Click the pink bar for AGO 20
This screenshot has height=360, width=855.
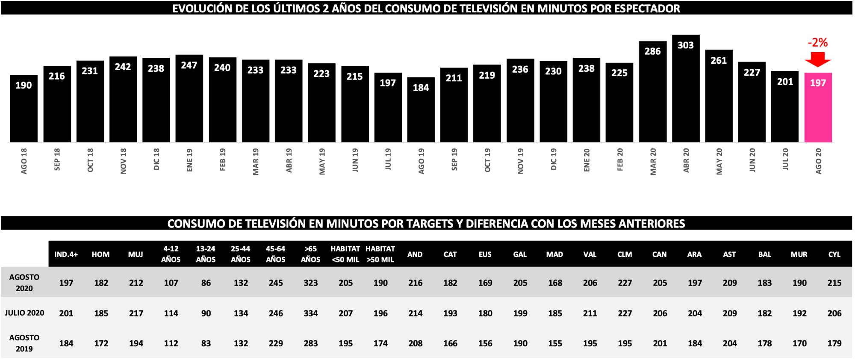[818, 108]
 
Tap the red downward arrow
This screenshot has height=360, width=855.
[817, 59]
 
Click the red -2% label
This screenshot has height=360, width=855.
[817, 42]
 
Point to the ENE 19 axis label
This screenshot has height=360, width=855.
[189, 160]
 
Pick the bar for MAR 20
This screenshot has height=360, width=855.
[652, 92]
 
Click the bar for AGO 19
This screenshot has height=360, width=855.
[421, 110]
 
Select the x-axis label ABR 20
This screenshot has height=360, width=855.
[686, 160]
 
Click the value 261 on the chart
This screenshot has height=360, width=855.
[718, 60]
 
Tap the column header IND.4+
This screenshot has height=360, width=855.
[66, 254]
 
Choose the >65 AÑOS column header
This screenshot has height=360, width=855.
[310, 254]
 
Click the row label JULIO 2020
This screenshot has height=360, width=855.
[24, 313]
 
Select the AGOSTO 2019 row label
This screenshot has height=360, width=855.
[24, 343]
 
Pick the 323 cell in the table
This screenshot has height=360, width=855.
[310, 283]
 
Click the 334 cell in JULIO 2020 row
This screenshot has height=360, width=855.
[310, 313]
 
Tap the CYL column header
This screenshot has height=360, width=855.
[834, 254]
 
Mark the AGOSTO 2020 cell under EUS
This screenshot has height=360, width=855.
[485, 283]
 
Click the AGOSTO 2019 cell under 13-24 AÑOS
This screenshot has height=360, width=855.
[206, 343]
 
